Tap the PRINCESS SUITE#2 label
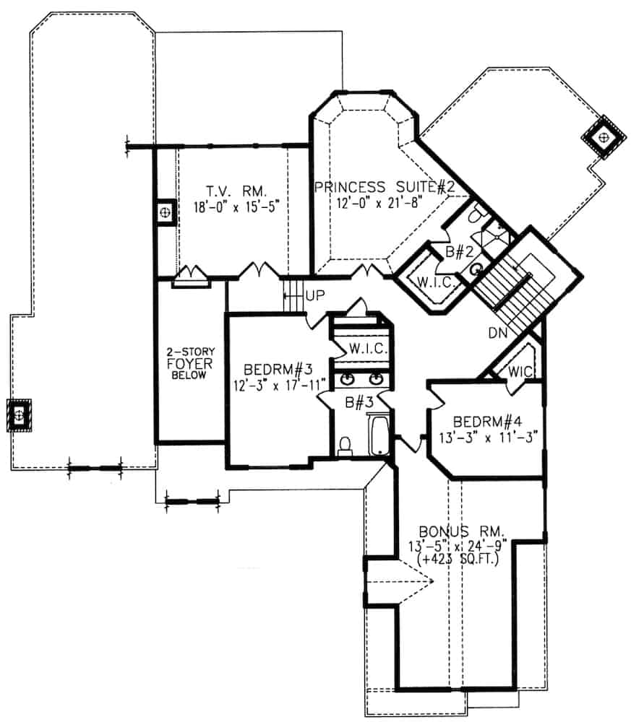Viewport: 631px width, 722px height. click(384, 188)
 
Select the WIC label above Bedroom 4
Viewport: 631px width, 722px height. click(520, 370)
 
